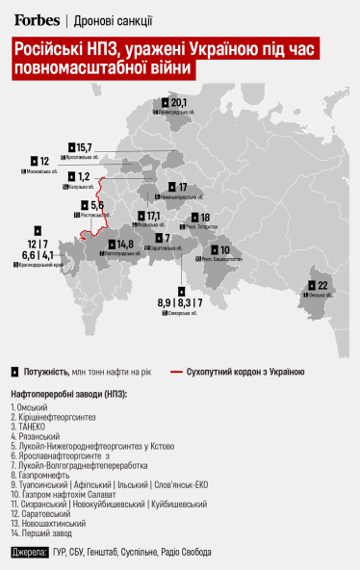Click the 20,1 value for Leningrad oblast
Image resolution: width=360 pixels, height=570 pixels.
click(x=180, y=102)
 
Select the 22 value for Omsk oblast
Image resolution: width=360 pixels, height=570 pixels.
click(x=323, y=286)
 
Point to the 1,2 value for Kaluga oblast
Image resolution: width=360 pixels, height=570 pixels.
click(x=84, y=177)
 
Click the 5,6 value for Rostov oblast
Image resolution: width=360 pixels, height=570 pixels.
click(x=96, y=206)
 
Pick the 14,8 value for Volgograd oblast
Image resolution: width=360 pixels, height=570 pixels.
click(x=124, y=245)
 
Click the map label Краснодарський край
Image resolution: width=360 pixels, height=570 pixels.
click(x=39, y=264)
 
